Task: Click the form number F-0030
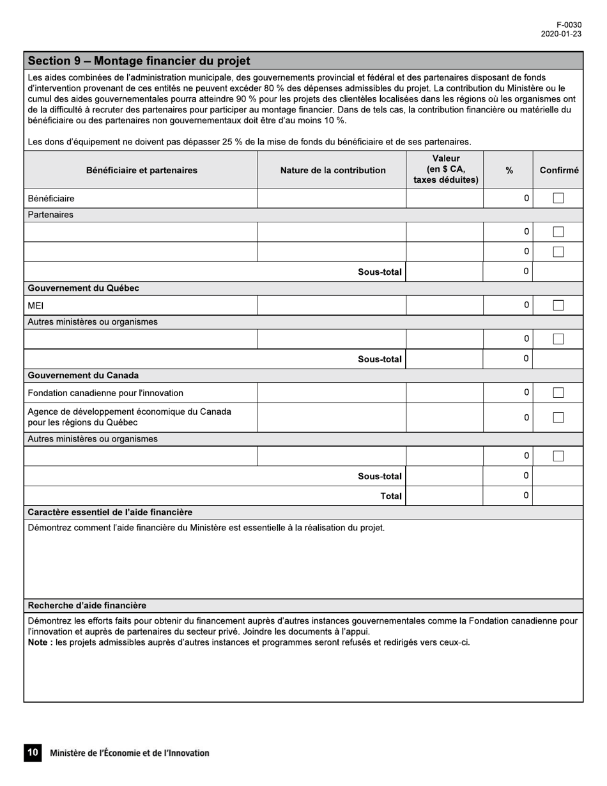pyautogui.click(x=569, y=25)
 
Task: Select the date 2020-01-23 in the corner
pyautogui.click(x=561, y=35)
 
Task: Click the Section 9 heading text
pyautogui.click(x=139, y=61)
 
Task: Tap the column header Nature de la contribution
pyautogui.click(x=332, y=170)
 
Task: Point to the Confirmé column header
pyautogui.click(x=558, y=170)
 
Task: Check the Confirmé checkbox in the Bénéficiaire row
pyautogui.click(x=558, y=198)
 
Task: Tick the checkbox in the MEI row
pyautogui.click(x=558, y=305)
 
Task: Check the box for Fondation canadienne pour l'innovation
pyautogui.click(x=558, y=392)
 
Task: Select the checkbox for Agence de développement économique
pyautogui.click(x=558, y=417)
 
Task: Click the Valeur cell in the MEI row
pyautogui.click(x=444, y=305)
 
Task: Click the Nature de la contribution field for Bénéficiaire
pyautogui.click(x=332, y=198)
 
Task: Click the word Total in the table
pyautogui.click(x=390, y=496)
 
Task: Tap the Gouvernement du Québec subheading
pyautogui.click(x=83, y=288)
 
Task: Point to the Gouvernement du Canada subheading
pyautogui.click(x=83, y=375)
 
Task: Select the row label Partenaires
pyautogui.click(x=50, y=215)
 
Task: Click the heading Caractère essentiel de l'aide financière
pyautogui.click(x=110, y=512)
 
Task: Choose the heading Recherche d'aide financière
pyautogui.click(x=87, y=605)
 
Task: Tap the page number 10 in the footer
pyautogui.click(x=33, y=753)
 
